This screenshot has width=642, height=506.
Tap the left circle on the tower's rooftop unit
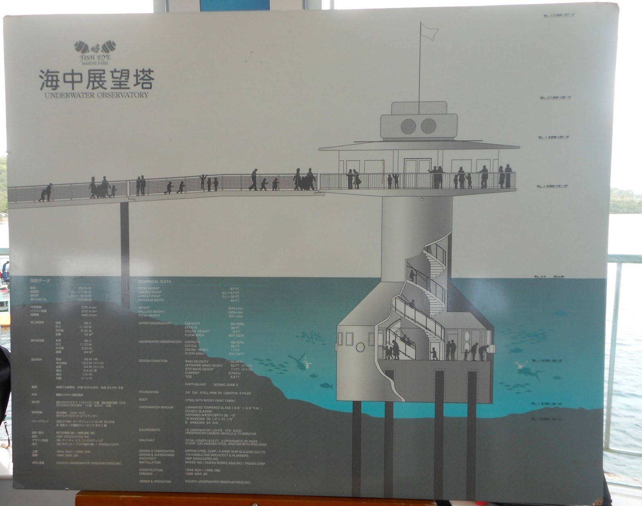pyautogui.click(x=408, y=126)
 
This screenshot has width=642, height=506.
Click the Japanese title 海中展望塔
pyautogui.click(x=96, y=79)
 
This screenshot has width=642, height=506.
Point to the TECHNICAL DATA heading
pyautogui.click(x=154, y=282)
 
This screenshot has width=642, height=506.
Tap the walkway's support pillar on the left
pyautogui.click(x=124, y=237)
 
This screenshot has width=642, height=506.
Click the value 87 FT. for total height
pyautogui.click(x=236, y=289)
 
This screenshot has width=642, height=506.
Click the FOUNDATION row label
pyautogui.click(x=148, y=392)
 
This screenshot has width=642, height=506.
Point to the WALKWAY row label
pyautogui.click(x=146, y=440)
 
